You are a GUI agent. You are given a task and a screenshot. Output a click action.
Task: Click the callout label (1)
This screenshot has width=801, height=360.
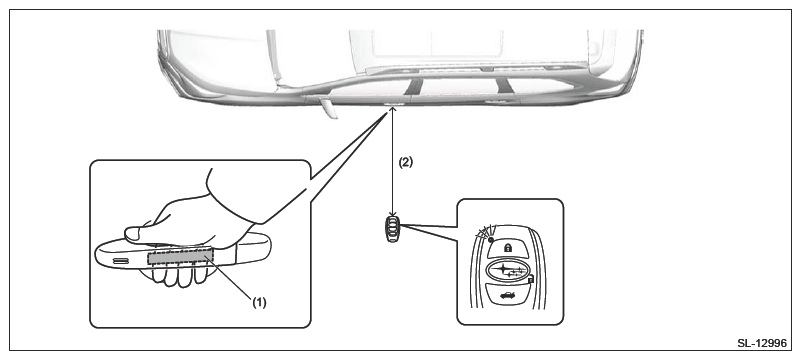click(x=260, y=302)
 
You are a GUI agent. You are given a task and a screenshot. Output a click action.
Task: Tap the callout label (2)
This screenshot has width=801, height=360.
click(x=405, y=162)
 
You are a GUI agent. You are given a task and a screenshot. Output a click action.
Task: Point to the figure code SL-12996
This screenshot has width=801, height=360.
click(x=762, y=343)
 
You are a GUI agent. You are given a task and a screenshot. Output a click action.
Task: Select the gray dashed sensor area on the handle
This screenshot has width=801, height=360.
click(x=180, y=256)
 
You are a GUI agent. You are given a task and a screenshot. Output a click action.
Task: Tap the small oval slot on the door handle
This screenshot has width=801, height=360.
click(x=121, y=261)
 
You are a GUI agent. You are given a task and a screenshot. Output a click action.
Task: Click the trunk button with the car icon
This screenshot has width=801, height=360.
click(x=508, y=295)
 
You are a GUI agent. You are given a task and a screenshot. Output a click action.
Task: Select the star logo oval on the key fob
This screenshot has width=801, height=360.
click(x=508, y=270)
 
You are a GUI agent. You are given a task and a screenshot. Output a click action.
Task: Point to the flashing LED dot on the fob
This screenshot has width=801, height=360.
click(x=490, y=239)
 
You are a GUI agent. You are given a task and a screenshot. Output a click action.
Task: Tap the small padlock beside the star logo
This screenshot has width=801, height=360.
click(x=531, y=279)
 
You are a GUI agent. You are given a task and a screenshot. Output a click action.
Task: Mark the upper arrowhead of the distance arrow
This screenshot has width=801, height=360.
click(x=392, y=109)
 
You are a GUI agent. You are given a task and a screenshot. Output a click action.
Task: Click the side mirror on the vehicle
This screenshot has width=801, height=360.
click(x=328, y=107)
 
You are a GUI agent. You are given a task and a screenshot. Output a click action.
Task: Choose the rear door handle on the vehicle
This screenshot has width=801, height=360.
click(x=493, y=102)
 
